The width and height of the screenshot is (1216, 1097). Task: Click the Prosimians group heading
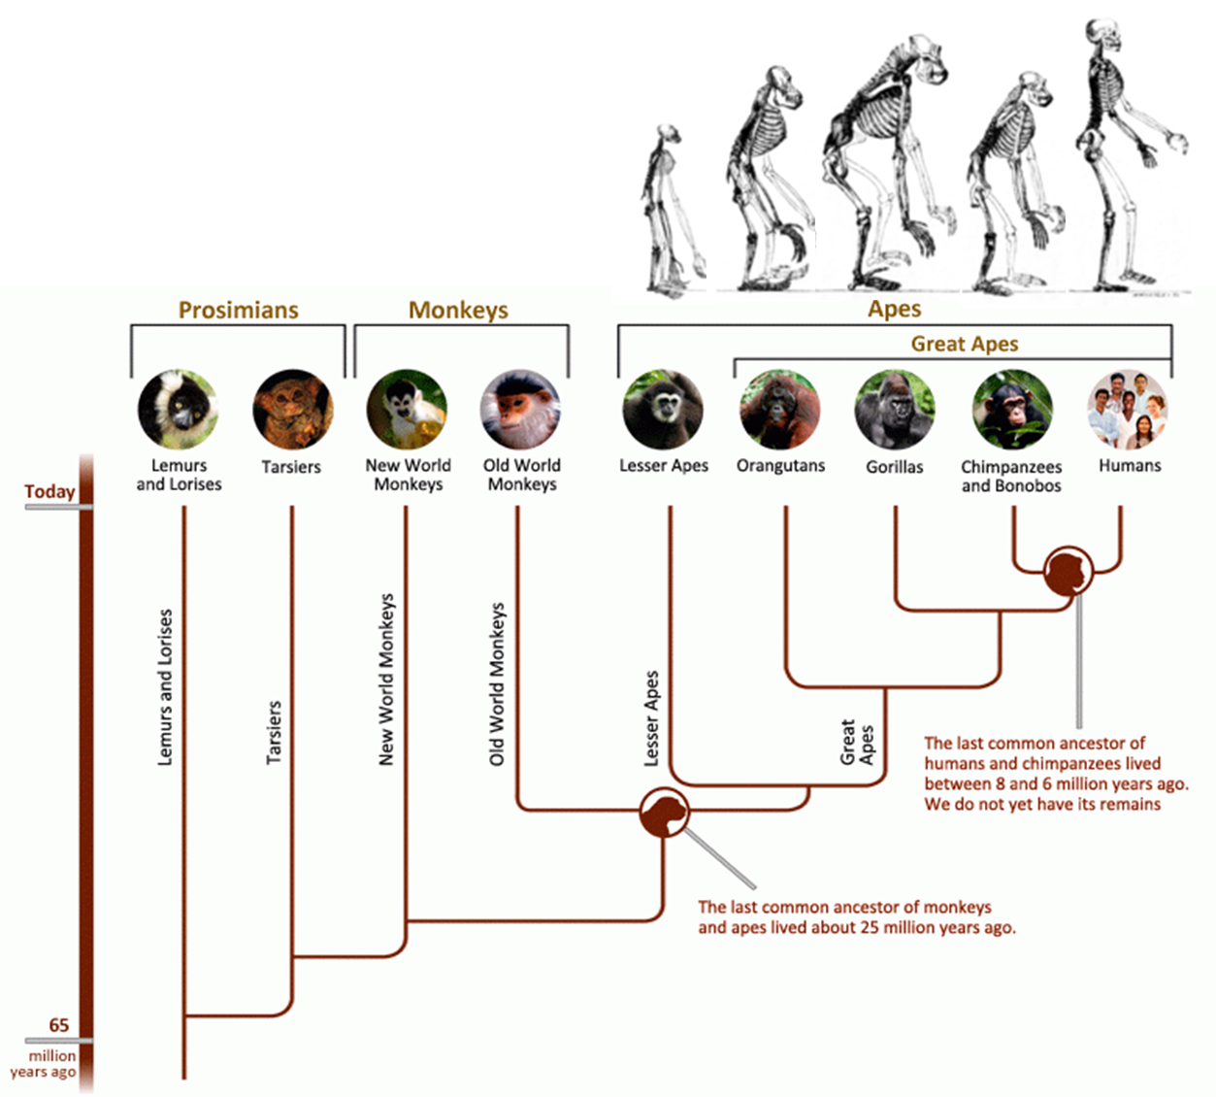[238, 310]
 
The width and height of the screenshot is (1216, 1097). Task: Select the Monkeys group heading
[458, 310]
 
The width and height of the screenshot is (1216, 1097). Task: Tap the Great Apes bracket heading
[964, 344]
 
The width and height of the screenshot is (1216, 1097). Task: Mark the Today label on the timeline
[49, 491]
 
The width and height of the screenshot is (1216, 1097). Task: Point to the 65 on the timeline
[59, 1025]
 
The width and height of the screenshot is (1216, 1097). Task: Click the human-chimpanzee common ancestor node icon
[1068, 571]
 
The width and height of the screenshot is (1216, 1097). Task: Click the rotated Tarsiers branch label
[275, 732]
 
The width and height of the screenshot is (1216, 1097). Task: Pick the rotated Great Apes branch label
[858, 743]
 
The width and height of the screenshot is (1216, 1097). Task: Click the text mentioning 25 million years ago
[856, 917]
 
